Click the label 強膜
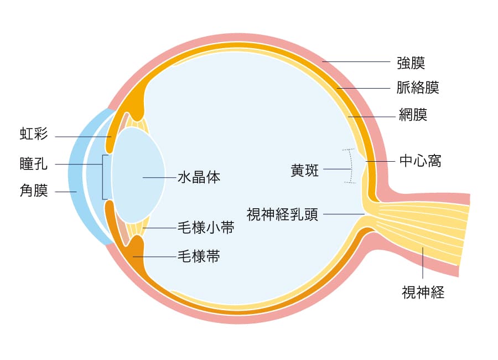point(411,62)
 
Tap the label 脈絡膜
point(418,88)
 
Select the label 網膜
point(413,115)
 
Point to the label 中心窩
point(420,161)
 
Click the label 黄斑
point(305,170)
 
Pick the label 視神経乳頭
point(282,214)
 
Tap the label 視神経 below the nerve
point(423,291)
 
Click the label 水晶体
point(199,177)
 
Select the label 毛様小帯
point(205,228)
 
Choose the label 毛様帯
point(198,256)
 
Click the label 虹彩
point(34,133)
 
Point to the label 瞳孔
point(34,164)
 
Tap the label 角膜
point(34,191)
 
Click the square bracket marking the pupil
point(103,177)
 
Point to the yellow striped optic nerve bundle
point(426,227)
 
